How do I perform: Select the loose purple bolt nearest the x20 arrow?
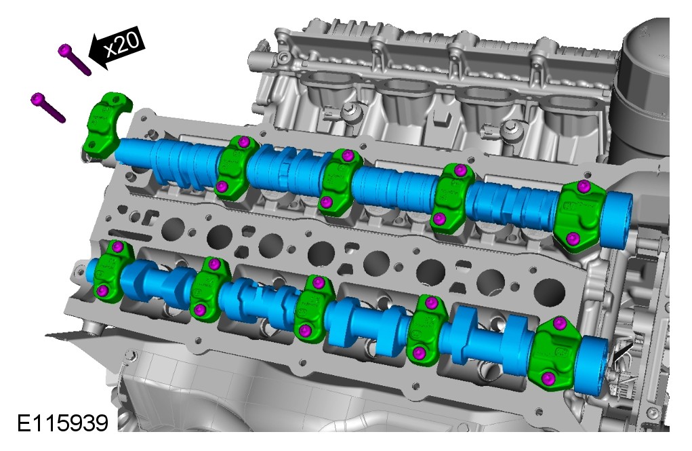coord(74,60)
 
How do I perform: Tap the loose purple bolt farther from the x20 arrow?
coord(47,107)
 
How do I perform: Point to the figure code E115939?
coord(62,423)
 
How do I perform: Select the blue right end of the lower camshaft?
coord(592,364)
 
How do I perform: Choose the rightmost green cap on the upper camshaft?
coord(579,215)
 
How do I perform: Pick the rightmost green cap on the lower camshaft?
coord(554,354)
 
